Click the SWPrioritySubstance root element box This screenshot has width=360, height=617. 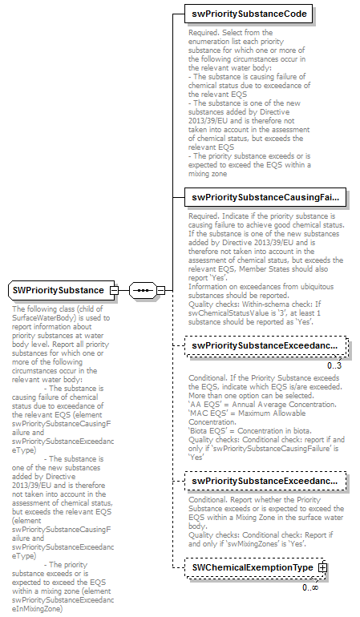pyautogui.click(x=59, y=289)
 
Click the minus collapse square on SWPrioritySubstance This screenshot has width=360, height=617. pyautogui.click(x=114, y=289)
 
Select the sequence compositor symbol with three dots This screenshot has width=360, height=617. pyautogui.click(x=141, y=289)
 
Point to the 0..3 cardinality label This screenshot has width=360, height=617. pyautogui.click(x=334, y=365)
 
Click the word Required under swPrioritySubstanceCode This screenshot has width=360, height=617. pyautogui.click(x=203, y=34)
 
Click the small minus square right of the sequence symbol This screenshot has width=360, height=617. pyautogui.click(x=160, y=289)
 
